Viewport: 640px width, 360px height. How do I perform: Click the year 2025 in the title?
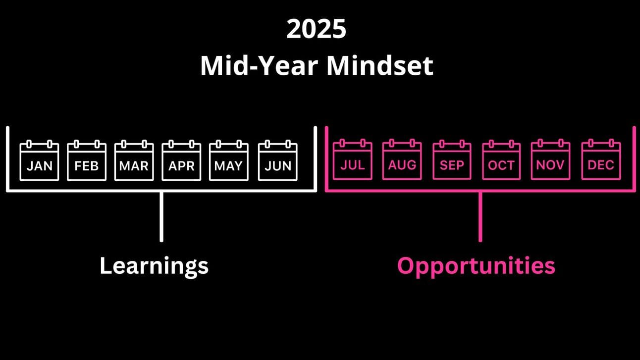click(317, 29)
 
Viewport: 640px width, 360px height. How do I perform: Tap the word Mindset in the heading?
click(380, 66)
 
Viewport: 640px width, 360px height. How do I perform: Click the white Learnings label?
click(154, 266)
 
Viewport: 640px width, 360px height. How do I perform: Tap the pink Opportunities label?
click(477, 266)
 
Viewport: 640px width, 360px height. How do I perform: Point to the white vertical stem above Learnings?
click(161, 217)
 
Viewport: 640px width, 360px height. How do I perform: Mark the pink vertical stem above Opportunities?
click(480, 217)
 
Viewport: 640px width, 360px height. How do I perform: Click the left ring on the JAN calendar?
click(29, 144)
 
